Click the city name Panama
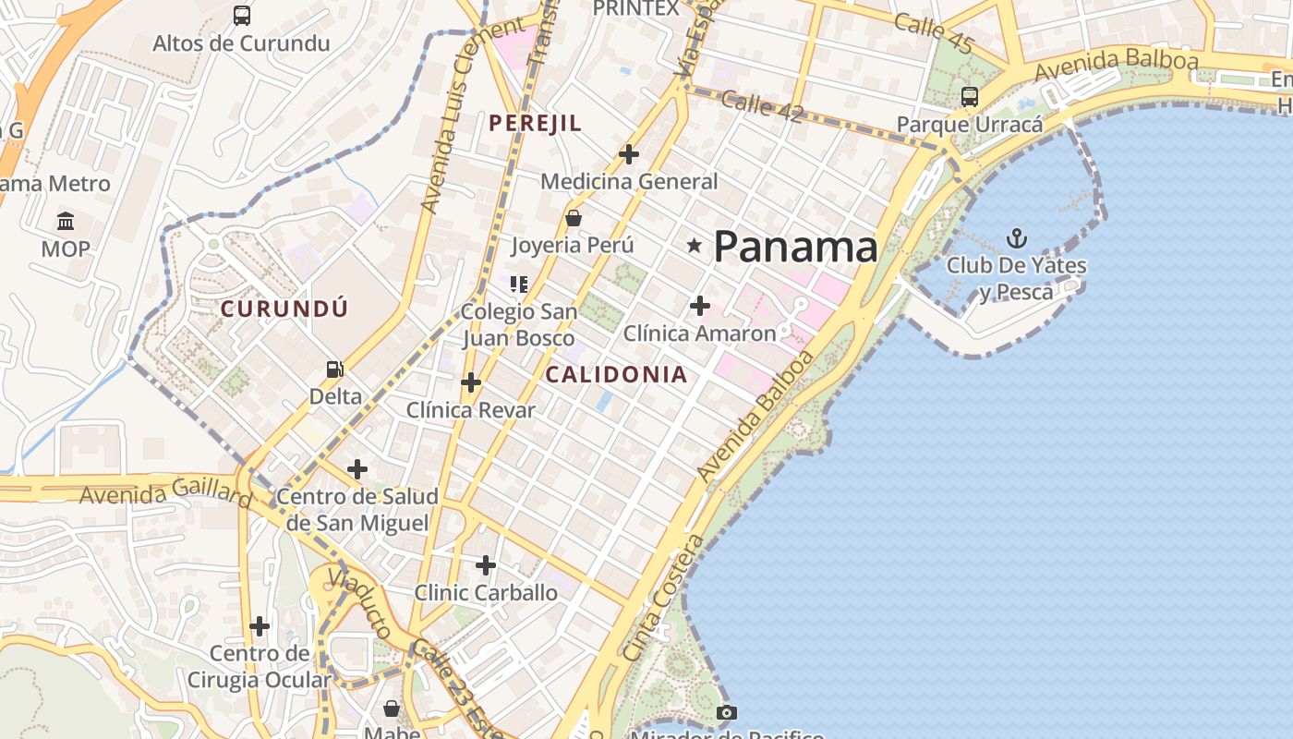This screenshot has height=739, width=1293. click(x=795, y=247)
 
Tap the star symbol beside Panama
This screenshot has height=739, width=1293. click(x=695, y=246)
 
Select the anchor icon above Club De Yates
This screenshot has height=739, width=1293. click(x=1016, y=239)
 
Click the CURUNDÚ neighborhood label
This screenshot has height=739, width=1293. click(x=284, y=309)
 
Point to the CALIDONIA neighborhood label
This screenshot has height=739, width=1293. click(x=616, y=374)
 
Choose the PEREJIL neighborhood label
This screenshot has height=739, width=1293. click(x=536, y=123)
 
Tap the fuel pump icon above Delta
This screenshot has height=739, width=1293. click(x=335, y=369)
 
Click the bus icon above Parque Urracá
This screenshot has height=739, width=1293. click(x=970, y=96)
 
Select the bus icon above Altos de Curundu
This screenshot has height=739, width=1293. click(x=241, y=15)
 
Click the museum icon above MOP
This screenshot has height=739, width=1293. click(x=66, y=222)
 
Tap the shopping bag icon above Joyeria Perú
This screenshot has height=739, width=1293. click(x=574, y=218)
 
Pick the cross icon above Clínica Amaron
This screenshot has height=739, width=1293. click(x=700, y=305)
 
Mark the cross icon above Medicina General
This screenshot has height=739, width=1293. click(x=629, y=153)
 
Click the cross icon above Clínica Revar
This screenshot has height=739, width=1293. click(x=471, y=382)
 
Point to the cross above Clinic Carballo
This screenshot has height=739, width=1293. click(x=486, y=564)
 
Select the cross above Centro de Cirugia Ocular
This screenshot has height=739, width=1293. click(x=260, y=626)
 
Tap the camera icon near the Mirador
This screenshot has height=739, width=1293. click(x=727, y=712)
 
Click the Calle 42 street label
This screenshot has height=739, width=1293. click(x=763, y=105)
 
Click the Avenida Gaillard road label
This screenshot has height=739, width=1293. click(x=165, y=495)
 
